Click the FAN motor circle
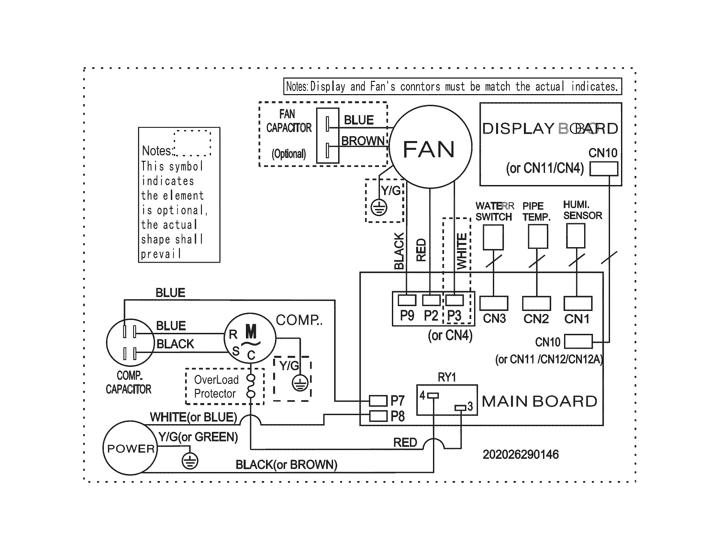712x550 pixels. (x=430, y=147)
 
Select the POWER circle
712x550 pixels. (x=130, y=448)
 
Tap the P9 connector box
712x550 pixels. (x=407, y=300)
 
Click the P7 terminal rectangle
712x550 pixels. (x=378, y=401)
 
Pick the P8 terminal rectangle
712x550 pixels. (x=378, y=416)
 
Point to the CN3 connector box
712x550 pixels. (x=494, y=303)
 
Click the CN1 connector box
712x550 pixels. (x=578, y=303)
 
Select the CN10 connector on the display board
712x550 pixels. (x=604, y=169)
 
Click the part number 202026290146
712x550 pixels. (x=520, y=454)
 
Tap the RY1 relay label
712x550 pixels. (x=447, y=377)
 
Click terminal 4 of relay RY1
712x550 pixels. (x=433, y=396)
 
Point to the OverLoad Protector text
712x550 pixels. (x=216, y=386)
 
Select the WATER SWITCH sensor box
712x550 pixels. (x=493, y=237)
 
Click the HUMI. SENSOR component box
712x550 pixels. (x=576, y=236)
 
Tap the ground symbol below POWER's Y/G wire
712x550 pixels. (x=190, y=461)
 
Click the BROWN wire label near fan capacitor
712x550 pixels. (x=363, y=141)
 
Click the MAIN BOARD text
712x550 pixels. (x=539, y=401)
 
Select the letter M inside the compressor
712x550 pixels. (x=251, y=332)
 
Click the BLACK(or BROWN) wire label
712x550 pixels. (x=286, y=464)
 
